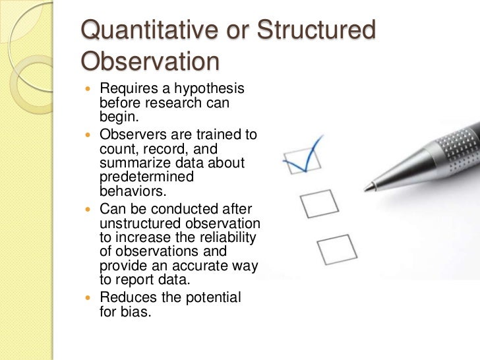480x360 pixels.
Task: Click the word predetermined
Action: point(146,178)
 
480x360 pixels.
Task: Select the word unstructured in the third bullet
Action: point(139,222)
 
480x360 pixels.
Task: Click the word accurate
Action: point(187,266)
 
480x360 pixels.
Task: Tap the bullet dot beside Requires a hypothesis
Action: point(90,89)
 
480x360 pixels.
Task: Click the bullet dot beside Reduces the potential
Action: point(90,298)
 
